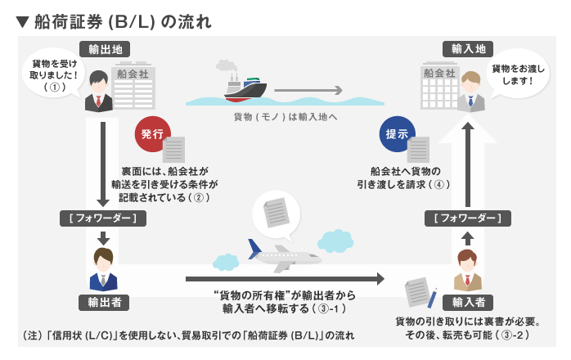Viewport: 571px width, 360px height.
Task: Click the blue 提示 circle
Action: (x=397, y=133)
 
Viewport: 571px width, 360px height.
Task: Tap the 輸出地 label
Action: (x=104, y=50)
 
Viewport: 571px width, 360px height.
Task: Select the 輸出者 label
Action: (x=104, y=301)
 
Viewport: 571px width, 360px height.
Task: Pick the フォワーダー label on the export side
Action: (x=104, y=218)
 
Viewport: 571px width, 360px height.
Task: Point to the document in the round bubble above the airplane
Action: (x=277, y=213)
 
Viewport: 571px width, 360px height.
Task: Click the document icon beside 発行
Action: (x=174, y=150)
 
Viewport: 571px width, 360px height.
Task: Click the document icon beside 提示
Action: (x=418, y=150)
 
